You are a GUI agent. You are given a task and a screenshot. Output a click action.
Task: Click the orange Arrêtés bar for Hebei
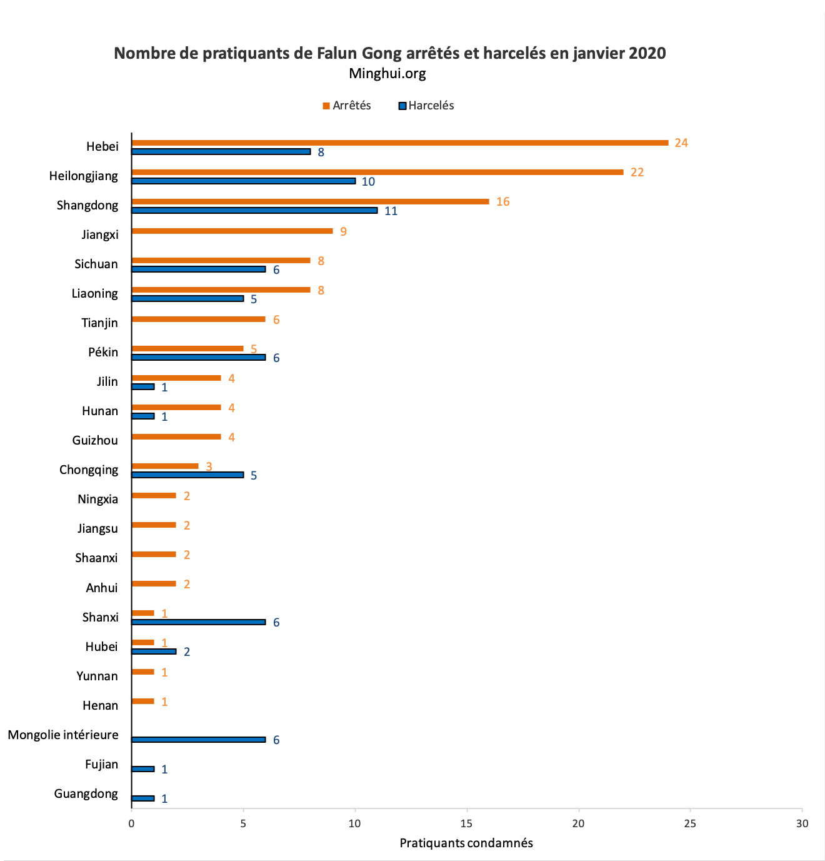[x=400, y=143]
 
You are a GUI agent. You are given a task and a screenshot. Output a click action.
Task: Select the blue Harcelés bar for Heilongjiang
[x=244, y=181]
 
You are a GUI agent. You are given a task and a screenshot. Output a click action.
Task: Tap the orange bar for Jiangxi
[x=232, y=231]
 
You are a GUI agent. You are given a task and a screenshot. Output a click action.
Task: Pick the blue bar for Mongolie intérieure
[x=199, y=740]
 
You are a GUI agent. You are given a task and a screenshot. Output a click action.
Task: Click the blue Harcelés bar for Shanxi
[x=199, y=622]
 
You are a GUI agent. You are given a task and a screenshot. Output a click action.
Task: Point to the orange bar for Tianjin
[x=199, y=320]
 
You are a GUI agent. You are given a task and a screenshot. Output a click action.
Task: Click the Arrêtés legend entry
[x=347, y=106]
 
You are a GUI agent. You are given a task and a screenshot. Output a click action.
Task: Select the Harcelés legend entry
[x=426, y=106]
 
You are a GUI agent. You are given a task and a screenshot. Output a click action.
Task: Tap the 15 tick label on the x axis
[x=467, y=823]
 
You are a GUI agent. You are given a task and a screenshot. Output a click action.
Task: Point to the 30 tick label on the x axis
[x=802, y=823]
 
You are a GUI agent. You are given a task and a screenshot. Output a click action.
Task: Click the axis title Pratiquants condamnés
[x=466, y=843]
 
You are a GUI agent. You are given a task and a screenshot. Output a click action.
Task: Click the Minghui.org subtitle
[x=387, y=74]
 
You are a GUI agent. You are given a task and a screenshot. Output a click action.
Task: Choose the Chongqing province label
[x=89, y=470]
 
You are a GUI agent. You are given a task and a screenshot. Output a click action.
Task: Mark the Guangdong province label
[x=86, y=793]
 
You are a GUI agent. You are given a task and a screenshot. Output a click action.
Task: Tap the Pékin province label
[x=103, y=352]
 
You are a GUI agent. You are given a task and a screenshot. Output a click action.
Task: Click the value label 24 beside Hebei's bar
[x=681, y=143]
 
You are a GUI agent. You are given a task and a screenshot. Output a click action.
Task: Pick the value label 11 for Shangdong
[x=391, y=211]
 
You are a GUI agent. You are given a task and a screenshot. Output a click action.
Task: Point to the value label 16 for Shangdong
[x=503, y=202]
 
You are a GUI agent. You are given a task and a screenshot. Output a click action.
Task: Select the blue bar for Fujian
[x=143, y=769]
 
